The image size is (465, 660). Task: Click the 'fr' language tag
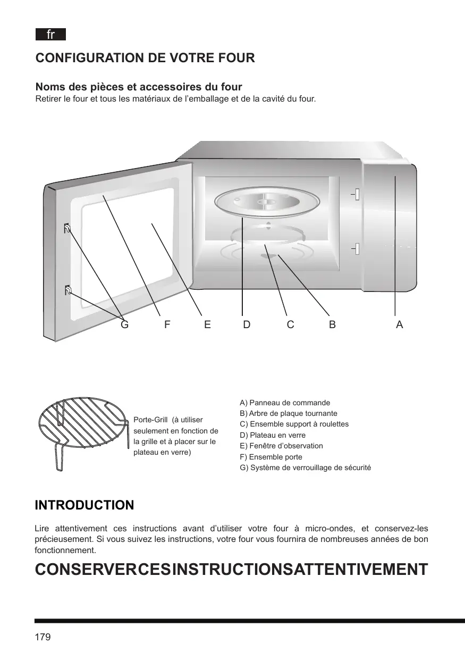pyautogui.click(x=50, y=35)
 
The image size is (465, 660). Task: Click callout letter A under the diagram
pyautogui.click(x=400, y=324)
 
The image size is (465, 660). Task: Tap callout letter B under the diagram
pyautogui.click(x=332, y=324)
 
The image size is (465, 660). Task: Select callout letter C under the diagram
pyautogui.click(x=290, y=324)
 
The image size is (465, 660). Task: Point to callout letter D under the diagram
pyautogui.click(x=247, y=324)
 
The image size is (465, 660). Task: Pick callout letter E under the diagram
pyautogui.click(x=207, y=324)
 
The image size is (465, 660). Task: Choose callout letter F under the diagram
pyautogui.click(x=167, y=324)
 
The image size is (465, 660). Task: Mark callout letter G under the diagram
pyautogui.click(x=124, y=324)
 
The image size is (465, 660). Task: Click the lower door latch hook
pyautogui.click(x=67, y=290)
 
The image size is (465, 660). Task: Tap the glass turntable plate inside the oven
pyautogui.click(x=267, y=202)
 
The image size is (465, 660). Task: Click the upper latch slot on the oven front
pyautogui.click(x=357, y=195)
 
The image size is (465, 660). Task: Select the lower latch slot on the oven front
pyautogui.click(x=357, y=248)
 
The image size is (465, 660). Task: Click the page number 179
pyautogui.click(x=43, y=637)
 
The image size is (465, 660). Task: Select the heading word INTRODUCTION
pyautogui.click(x=84, y=505)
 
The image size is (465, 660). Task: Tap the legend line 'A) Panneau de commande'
pyautogui.click(x=285, y=403)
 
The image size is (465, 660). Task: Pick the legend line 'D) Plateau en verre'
pyautogui.click(x=273, y=435)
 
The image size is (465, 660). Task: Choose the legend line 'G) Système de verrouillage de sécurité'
pyautogui.click(x=305, y=467)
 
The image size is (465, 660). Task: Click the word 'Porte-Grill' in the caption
pyautogui.click(x=149, y=420)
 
